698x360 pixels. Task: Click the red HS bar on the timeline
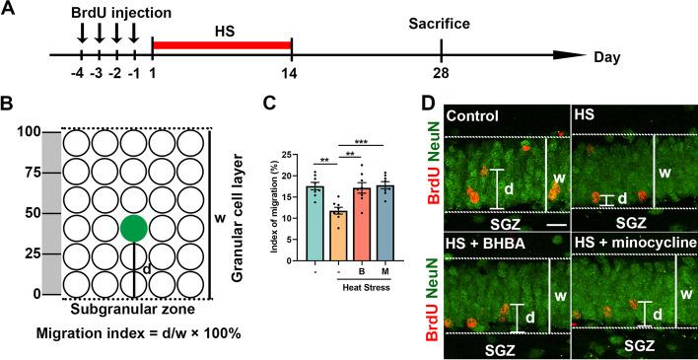click(x=222, y=44)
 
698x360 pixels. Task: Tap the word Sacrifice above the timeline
click(x=441, y=19)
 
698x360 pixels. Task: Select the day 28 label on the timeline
click(x=441, y=75)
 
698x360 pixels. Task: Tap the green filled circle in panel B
click(x=135, y=228)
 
